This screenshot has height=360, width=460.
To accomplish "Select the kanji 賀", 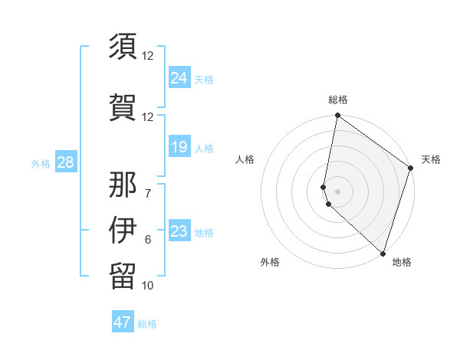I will pyautogui.click(x=123, y=105).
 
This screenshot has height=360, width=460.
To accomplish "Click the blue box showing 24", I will pyautogui.click(x=179, y=78).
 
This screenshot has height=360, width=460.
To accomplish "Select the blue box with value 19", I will pyautogui.click(x=179, y=147).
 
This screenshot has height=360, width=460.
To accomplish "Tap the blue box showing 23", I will pyautogui.click(x=179, y=231).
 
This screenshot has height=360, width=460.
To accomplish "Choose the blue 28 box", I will pyautogui.click(x=64, y=162).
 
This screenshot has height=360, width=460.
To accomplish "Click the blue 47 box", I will pyautogui.click(x=123, y=322).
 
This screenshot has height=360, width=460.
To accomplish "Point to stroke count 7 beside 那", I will pyautogui.click(x=148, y=193).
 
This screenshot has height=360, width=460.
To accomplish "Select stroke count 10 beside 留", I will pyautogui.click(x=148, y=286).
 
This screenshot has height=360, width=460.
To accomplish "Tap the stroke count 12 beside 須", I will pyautogui.click(x=148, y=56).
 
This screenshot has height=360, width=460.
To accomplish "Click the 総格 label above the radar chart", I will pyautogui.click(x=338, y=100).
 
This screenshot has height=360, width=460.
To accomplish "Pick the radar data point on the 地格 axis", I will pyautogui.click(x=383, y=254).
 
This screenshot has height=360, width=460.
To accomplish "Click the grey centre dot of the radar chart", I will pyautogui.click(x=338, y=191).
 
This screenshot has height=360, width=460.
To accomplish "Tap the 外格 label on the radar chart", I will pyautogui.click(x=270, y=262).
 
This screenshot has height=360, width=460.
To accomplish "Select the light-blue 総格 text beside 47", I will pyautogui.click(x=147, y=324).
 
